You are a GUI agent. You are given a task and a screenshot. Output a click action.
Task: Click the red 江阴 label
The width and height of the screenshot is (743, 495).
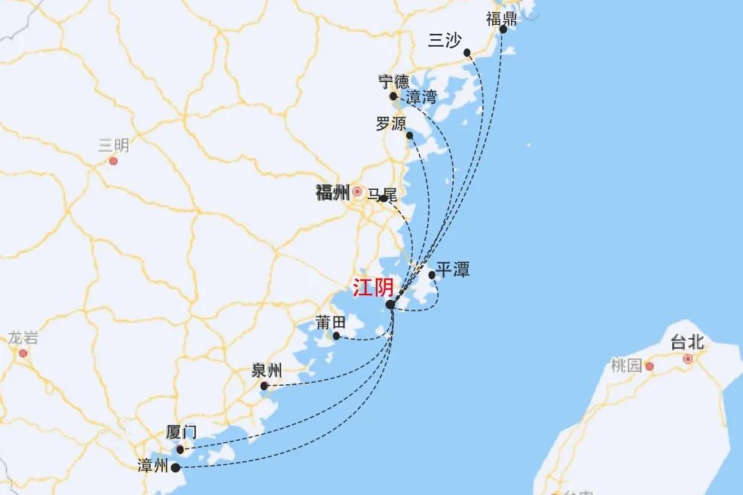pos(373,288)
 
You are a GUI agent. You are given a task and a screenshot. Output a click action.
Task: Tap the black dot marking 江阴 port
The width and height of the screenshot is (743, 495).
pos(390,304)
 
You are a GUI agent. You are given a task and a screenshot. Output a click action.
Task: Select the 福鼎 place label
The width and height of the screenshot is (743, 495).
pos(501,19)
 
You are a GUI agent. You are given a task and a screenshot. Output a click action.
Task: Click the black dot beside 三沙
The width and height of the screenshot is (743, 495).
pos(467,53)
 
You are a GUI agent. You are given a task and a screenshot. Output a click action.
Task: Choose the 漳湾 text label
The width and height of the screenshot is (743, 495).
pos(421,97)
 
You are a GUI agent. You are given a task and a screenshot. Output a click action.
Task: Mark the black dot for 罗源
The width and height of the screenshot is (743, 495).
pos(409,136)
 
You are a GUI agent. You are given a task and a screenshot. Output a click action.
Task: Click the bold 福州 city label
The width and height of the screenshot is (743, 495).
pos(332,192)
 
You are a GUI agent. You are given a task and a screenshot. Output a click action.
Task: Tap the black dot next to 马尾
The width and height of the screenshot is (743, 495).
pos(384,198)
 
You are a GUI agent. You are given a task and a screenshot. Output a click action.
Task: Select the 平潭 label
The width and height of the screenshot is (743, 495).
pos(453,270)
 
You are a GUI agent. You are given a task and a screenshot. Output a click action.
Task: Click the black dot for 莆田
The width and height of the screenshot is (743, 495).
pos(336,336)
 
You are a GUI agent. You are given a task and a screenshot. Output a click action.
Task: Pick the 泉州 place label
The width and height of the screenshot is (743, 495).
pos(267,371)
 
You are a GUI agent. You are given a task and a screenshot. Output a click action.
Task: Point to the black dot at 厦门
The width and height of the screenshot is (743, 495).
pos(179,450)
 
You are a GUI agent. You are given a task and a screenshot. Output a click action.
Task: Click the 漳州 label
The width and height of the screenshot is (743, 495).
pos(153,466)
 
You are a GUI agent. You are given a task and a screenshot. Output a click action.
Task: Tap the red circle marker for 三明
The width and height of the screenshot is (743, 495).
pos(113,160)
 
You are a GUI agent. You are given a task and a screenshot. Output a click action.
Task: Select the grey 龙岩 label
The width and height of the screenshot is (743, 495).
pos(23,338)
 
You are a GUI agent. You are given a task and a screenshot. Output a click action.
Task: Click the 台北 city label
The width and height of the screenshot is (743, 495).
pos(686,343)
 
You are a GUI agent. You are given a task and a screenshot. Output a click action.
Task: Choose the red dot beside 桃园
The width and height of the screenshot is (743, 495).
pos(650,367)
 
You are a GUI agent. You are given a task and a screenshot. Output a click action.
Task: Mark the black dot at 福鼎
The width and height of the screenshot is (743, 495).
pos(503,30)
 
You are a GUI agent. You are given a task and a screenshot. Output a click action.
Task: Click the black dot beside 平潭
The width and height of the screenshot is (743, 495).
pos(433,275)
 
